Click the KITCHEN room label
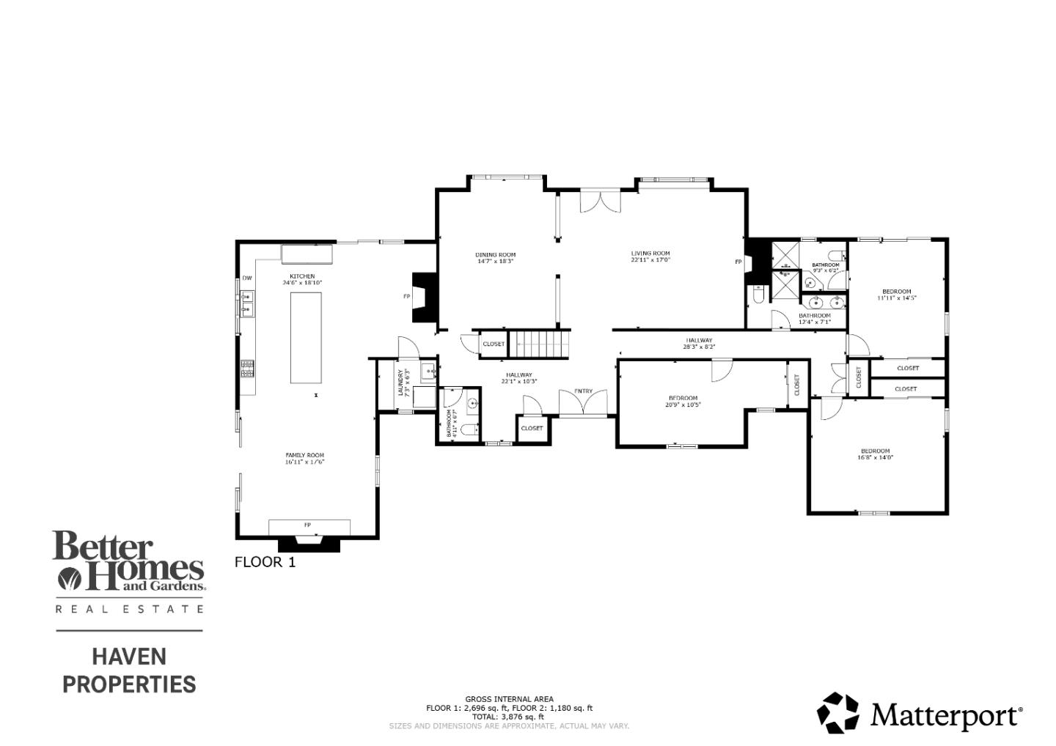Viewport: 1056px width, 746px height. pyautogui.click(x=302, y=277)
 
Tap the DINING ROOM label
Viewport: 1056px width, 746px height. pyautogui.click(x=495, y=255)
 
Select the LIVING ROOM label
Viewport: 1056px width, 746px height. pyautogui.click(x=650, y=254)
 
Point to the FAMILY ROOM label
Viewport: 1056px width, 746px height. pyautogui.click(x=304, y=455)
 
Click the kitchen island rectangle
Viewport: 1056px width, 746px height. pyautogui.click(x=306, y=337)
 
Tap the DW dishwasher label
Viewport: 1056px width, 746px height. pyautogui.click(x=247, y=278)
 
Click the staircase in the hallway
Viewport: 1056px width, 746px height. pyautogui.click(x=540, y=343)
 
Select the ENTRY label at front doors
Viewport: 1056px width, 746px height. pyautogui.click(x=583, y=391)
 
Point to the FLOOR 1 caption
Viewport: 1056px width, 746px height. pyautogui.click(x=265, y=562)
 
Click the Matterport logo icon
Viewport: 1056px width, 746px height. pyautogui.click(x=837, y=712)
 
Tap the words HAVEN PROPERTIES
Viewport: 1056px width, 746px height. pyautogui.click(x=129, y=670)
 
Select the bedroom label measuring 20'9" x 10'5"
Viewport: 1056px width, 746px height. pyautogui.click(x=682, y=398)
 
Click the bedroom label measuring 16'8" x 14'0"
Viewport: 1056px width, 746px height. pyautogui.click(x=875, y=451)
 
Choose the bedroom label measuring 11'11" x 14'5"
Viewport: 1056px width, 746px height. pyautogui.click(x=896, y=292)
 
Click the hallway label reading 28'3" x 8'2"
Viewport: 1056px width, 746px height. pyautogui.click(x=699, y=340)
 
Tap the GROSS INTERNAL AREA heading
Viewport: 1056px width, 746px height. pyautogui.click(x=509, y=699)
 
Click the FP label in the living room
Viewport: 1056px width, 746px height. pyautogui.click(x=738, y=262)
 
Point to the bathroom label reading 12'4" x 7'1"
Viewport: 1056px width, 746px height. pyautogui.click(x=814, y=316)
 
